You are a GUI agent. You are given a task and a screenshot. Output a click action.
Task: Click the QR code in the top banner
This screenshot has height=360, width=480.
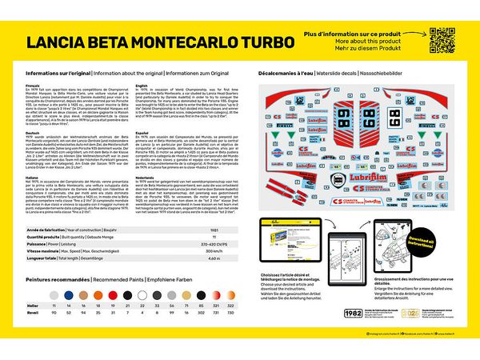[442, 39]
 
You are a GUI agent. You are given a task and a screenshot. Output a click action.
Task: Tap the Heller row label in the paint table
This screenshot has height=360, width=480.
[32, 306]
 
